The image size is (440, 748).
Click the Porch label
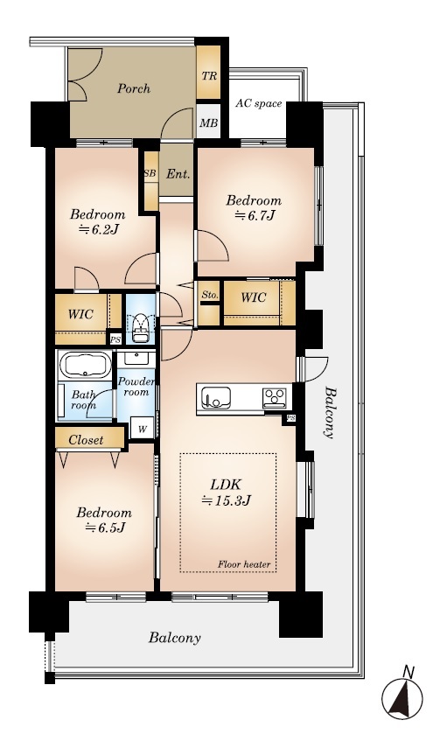(x=134, y=88)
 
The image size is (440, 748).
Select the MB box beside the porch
(x=208, y=122)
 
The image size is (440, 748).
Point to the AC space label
(x=259, y=103)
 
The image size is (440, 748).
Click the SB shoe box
(x=150, y=173)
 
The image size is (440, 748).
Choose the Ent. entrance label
(x=178, y=175)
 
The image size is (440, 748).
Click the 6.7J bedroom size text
(x=254, y=216)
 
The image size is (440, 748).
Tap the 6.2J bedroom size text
(x=98, y=230)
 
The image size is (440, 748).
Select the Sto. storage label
(x=209, y=296)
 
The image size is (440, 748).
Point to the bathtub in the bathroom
(x=85, y=366)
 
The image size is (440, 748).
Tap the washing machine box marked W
(x=143, y=428)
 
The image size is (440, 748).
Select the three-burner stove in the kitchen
(x=275, y=398)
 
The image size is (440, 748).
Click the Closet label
(x=86, y=440)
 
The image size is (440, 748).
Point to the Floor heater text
(x=244, y=565)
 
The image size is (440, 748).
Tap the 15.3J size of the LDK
(x=227, y=501)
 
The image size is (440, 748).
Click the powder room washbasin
(x=136, y=359)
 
